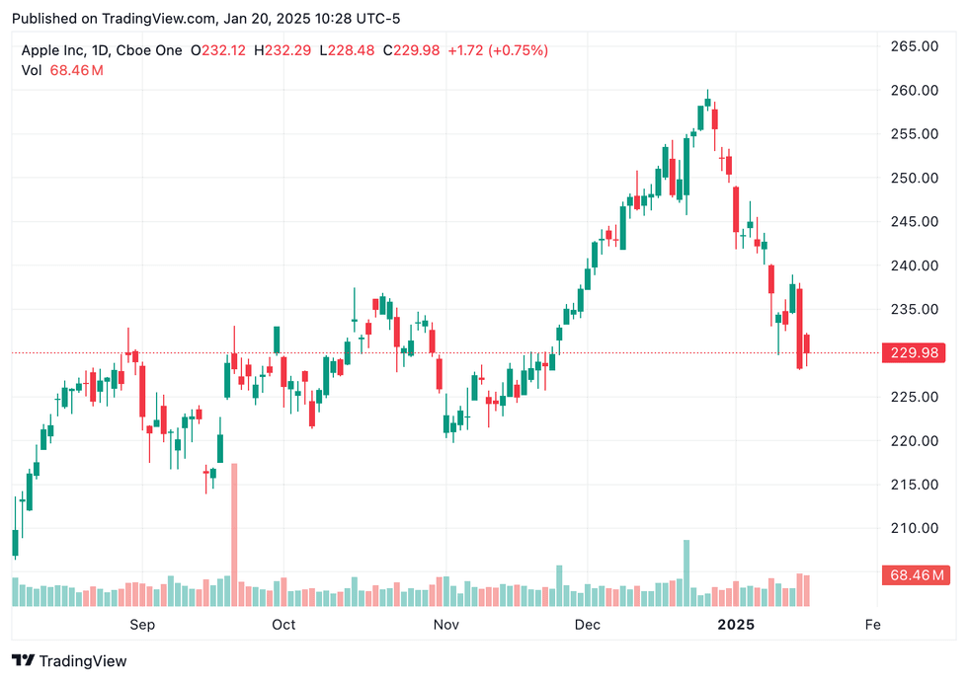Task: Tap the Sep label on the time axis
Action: (x=143, y=625)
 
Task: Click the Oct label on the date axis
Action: (x=283, y=625)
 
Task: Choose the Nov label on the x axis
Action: (x=446, y=625)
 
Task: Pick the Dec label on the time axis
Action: (x=588, y=625)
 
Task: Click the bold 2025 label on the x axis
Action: (x=736, y=625)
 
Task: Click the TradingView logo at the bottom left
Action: (x=69, y=661)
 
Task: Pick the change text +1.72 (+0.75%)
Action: (x=499, y=50)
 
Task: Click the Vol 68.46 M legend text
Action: (x=62, y=70)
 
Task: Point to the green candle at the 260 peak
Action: (x=707, y=101)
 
